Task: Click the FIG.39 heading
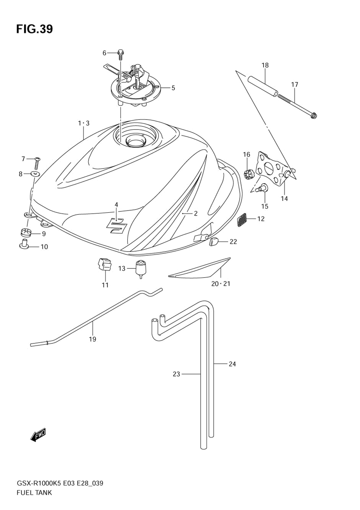[x=34, y=29]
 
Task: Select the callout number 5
[x=173, y=88]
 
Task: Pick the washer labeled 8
[x=35, y=174]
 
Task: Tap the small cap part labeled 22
[x=214, y=242]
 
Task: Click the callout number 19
[x=93, y=339]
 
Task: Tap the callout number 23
[x=176, y=374]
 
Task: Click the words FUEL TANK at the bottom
[x=34, y=493]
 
